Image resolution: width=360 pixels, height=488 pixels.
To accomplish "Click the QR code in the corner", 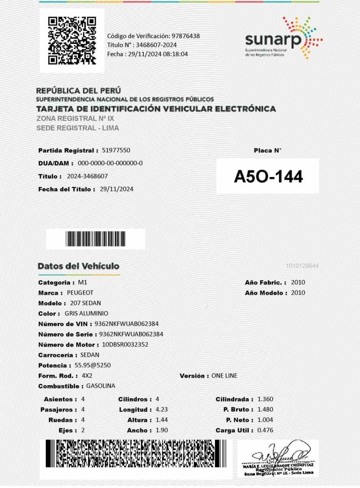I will [72, 40].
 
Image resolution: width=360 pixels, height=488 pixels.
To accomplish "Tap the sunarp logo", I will [284, 39].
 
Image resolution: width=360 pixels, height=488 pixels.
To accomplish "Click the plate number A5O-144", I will [268, 176].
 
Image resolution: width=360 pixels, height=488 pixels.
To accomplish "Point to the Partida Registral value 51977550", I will [116, 150].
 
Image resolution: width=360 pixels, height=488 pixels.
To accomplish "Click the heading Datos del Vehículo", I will [78, 266].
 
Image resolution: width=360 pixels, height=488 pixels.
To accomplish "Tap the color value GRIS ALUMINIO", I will [87, 314].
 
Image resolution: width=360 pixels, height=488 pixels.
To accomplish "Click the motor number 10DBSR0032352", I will [125, 345].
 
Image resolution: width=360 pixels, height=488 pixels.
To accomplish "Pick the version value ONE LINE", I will [224, 376].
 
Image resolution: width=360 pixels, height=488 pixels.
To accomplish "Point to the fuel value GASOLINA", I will [101, 386].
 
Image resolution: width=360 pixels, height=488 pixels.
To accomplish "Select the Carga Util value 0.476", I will [265, 430].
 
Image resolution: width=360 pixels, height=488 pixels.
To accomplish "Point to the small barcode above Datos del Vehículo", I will [95, 239].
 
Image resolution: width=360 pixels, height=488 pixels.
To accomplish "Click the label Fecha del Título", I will [67, 189].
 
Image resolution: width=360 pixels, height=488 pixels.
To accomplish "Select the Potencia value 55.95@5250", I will [93, 365].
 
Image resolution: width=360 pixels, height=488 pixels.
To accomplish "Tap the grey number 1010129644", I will [302, 266].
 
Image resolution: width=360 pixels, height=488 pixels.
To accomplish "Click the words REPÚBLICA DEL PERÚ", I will [78, 91].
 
